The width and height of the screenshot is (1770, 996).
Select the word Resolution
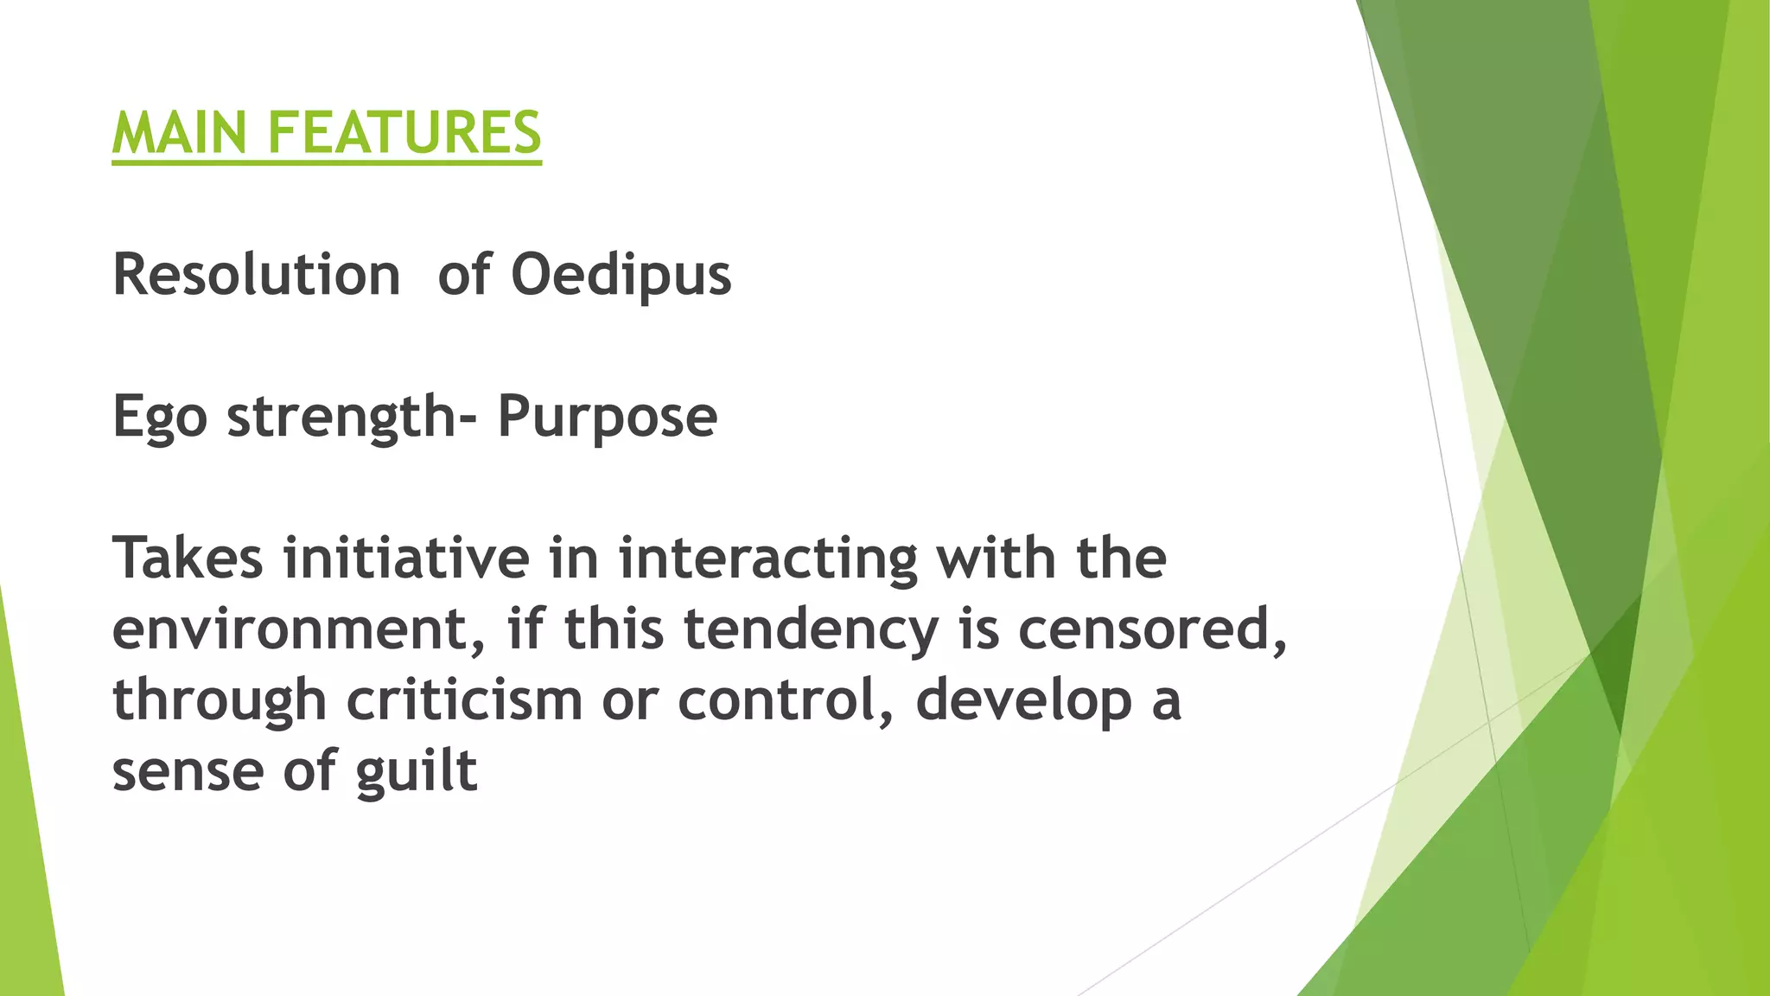coord(256,275)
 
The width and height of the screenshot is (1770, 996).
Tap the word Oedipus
coord(621,277)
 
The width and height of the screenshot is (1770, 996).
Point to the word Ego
coord(160,418)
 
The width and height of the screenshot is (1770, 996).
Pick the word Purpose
coord(607,418)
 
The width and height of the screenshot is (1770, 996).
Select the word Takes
coord(188,558)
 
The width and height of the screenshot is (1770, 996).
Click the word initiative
coord(406,558)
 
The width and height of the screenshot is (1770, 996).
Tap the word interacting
coord(767,559)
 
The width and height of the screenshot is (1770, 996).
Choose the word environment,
coord(302,629)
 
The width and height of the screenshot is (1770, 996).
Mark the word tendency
coord(811,631)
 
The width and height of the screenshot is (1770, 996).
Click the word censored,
coord(1151,629)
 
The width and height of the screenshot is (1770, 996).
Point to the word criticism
coord(464,700)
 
